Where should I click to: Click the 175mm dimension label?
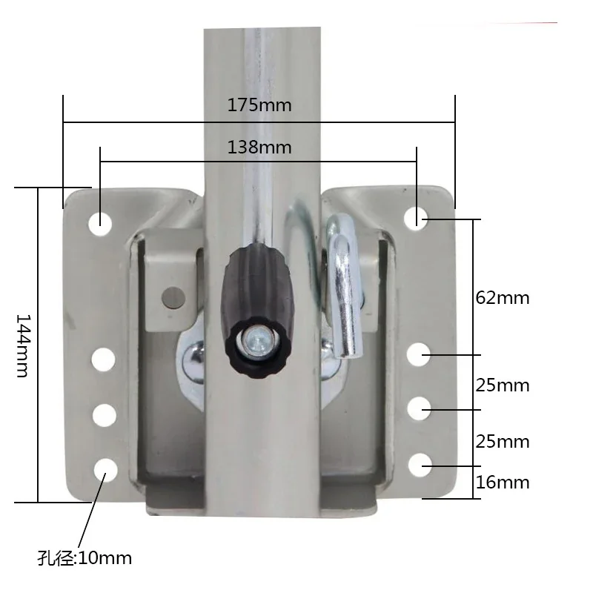pyautogui.click(x=259, y=105)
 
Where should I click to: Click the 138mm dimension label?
pyautogui.click(x=259, y=147)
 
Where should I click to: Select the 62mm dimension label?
pyautogui.click(x=503, y=298)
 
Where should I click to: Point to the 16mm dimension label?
pyautogui.click(x=503, y=483)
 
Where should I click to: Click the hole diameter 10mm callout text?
pyautogui.click(x=85, y=558)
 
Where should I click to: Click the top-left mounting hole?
pyautogui.click(x=100, y=224)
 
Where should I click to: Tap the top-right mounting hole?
pyautogui.click(x=416, y=219)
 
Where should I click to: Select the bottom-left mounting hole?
pyautogui.click(x=105, y=470)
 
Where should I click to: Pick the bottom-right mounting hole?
pyautogui.click(x=420, y=466)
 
